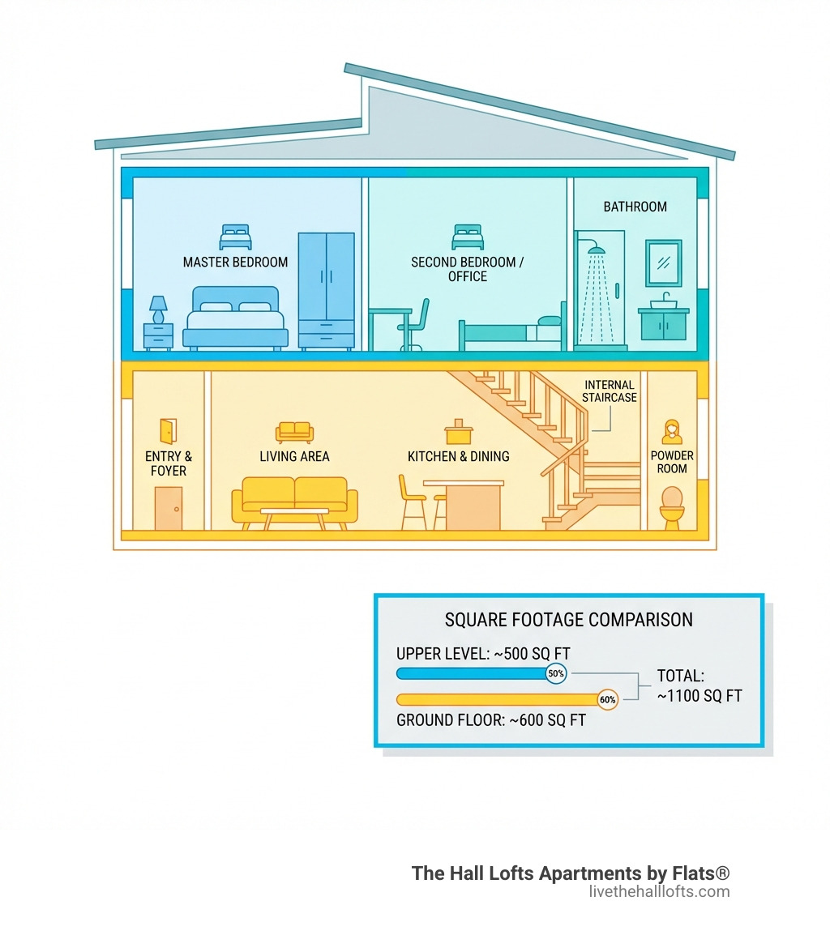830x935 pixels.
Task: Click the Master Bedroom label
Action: (235, 263)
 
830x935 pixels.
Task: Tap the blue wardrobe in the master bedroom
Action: (326, 290)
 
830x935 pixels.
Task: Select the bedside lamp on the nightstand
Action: (158, 309)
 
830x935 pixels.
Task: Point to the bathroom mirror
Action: (663, 263)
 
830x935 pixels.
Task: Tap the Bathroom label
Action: (635, 207)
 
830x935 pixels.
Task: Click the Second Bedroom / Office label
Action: (468, 269)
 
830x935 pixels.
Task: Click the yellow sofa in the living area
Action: (294, 500)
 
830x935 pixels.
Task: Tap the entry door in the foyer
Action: (169, 508)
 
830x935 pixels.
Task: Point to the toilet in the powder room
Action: (672, 507)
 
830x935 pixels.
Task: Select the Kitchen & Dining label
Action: (458, 456)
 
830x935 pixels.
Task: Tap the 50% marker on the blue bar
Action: (555, 673)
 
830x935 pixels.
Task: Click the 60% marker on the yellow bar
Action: (607, 699)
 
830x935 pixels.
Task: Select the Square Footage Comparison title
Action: (568, 620)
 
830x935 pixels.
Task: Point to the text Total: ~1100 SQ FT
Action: (699, 685)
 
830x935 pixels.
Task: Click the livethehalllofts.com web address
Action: (659, 892)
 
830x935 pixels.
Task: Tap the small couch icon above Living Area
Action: (294, 431)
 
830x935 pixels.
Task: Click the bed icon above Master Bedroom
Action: (235, 237)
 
